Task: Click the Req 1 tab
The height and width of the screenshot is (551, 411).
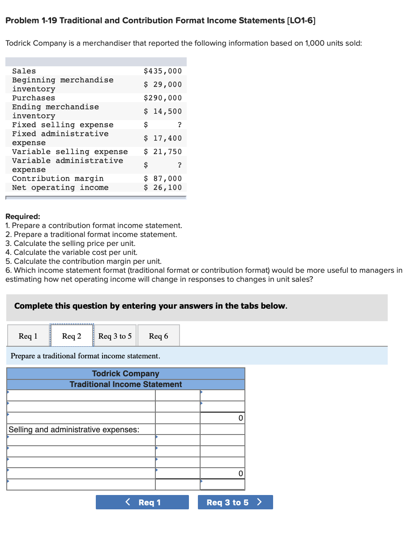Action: [x=28, y=336]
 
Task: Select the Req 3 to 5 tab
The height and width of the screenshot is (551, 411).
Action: [x=115, y=336]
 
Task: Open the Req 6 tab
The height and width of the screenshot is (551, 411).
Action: [x=158, y=336]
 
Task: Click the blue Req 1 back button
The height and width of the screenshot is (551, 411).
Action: [x=142, y=502]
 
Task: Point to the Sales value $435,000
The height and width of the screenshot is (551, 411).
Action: [x=163, y=71]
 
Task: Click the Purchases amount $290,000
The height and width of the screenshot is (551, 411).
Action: [x=163, y=98]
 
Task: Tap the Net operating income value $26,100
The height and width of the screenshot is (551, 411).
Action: [x=163, y=187]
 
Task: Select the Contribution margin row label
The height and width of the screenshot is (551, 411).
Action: [x=58, y=178]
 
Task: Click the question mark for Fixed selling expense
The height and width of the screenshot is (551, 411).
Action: [x=180, y=125]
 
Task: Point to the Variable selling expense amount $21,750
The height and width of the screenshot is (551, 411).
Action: [x=163, y=151]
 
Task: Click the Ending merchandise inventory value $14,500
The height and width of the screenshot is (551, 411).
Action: [x=163, y=111]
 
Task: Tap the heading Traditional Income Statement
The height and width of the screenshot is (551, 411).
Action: [x=126, y=384]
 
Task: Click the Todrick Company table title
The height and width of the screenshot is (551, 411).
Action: [x=126, y=374]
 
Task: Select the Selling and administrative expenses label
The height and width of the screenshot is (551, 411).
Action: [x=74, y=430]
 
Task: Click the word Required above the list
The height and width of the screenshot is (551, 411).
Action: [x=22, y=217]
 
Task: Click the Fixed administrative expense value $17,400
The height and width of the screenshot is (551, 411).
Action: [x=163, y=138]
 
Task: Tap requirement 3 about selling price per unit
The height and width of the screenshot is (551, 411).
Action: [x=70, y=243]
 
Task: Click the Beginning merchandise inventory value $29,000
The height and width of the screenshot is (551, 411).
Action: [x=163, y=84]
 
